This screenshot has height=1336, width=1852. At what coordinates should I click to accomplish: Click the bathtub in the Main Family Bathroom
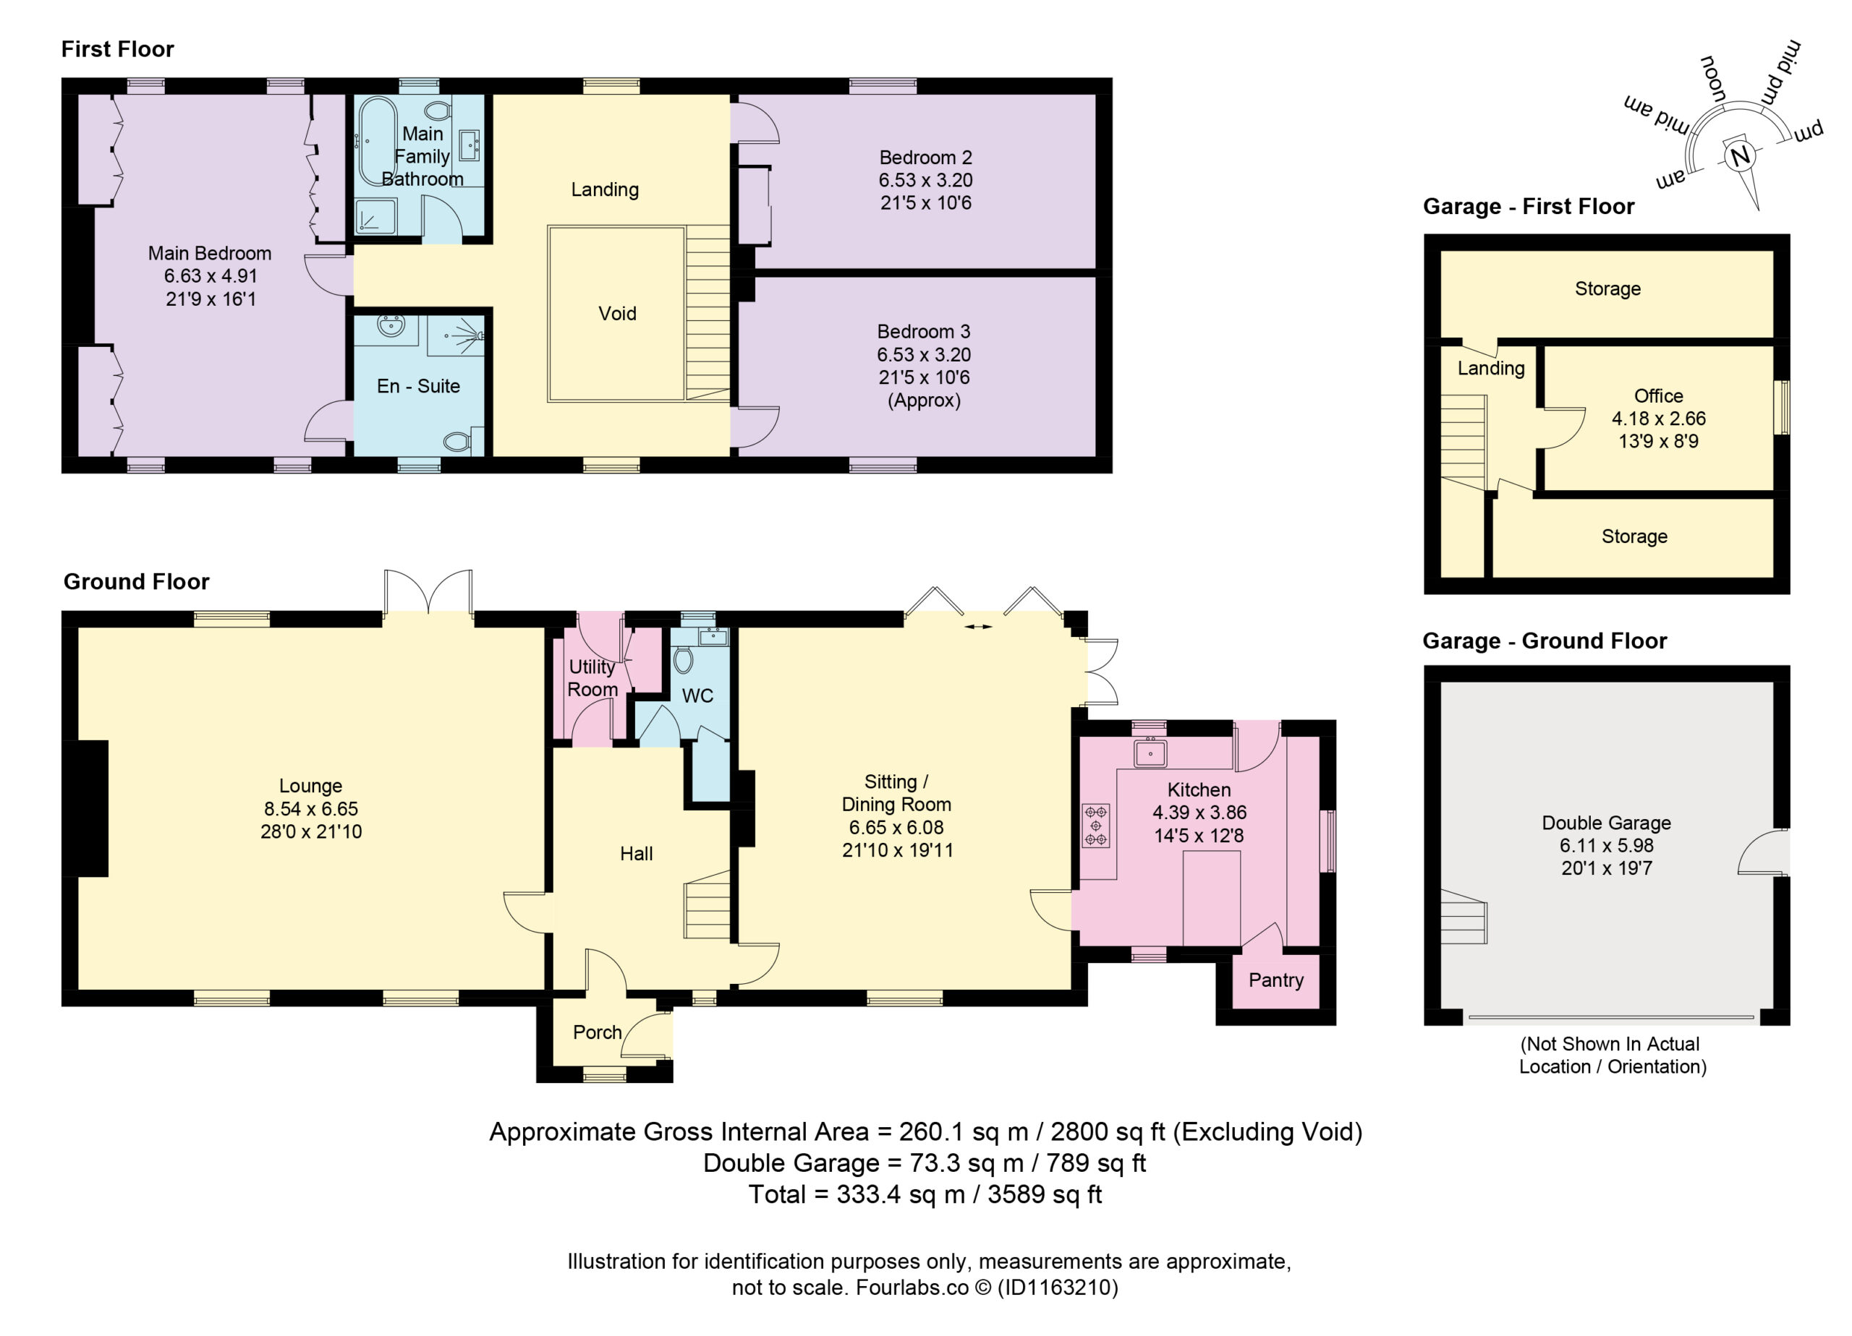click(x=377, y=143)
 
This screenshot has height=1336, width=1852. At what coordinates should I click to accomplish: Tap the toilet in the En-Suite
click(x=456, y=442)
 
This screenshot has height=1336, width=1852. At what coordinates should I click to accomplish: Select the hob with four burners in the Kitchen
click(x=1096, y=825)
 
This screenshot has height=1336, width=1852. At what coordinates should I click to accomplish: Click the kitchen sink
click(x=1150, y=753)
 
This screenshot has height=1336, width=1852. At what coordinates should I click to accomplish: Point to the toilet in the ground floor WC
click(x=684, y=659)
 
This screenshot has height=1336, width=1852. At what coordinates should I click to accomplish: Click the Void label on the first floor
click(x=617, y=313)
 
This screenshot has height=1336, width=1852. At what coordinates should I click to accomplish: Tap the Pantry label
click(x=1275, y=980)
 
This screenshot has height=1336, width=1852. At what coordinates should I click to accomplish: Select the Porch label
click(x=598, y=1032)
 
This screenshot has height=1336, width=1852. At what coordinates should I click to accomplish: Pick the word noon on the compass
click(x=1713, y=80)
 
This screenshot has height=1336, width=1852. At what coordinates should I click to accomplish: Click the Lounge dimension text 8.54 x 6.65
click(x=311, y=809)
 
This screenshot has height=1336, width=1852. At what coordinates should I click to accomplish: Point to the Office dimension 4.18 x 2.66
click(x=1658, y=419)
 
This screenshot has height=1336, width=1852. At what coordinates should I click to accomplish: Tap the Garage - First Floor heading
click(x=1529, y=207)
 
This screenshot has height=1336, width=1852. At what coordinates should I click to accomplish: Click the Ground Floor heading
click(x=137, y=581)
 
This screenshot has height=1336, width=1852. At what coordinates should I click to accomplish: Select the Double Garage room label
click(x=1606, y=823)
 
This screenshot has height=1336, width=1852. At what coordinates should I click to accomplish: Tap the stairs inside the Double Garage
click(x=1464, y=917)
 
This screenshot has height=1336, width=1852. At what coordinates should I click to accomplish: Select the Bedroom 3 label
click(x=924, y=331)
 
